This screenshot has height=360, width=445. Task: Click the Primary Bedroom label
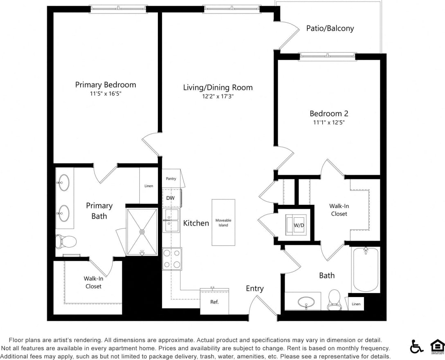(106, 85)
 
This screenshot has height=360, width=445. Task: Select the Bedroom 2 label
(329, 114)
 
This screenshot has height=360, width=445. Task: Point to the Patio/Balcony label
(330, 28)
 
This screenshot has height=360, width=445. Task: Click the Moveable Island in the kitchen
(223, 222)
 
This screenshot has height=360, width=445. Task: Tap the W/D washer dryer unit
(296, 224)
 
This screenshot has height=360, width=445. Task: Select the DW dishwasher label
(171, 198)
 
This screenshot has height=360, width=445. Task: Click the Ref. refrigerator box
(214, 302)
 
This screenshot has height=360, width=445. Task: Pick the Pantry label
(171, 179)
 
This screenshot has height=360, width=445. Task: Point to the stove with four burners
(172, 259)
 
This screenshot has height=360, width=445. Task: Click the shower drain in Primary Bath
(142, 232)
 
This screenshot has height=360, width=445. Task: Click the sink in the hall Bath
(306, 302)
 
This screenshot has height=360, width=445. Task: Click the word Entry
(254, 288)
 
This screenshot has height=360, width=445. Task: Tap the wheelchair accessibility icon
(417, 347)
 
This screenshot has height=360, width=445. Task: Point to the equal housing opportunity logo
(437, 347)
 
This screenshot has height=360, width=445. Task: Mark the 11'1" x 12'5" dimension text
(329, 123)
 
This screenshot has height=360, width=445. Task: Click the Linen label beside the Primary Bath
(149, 186)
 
